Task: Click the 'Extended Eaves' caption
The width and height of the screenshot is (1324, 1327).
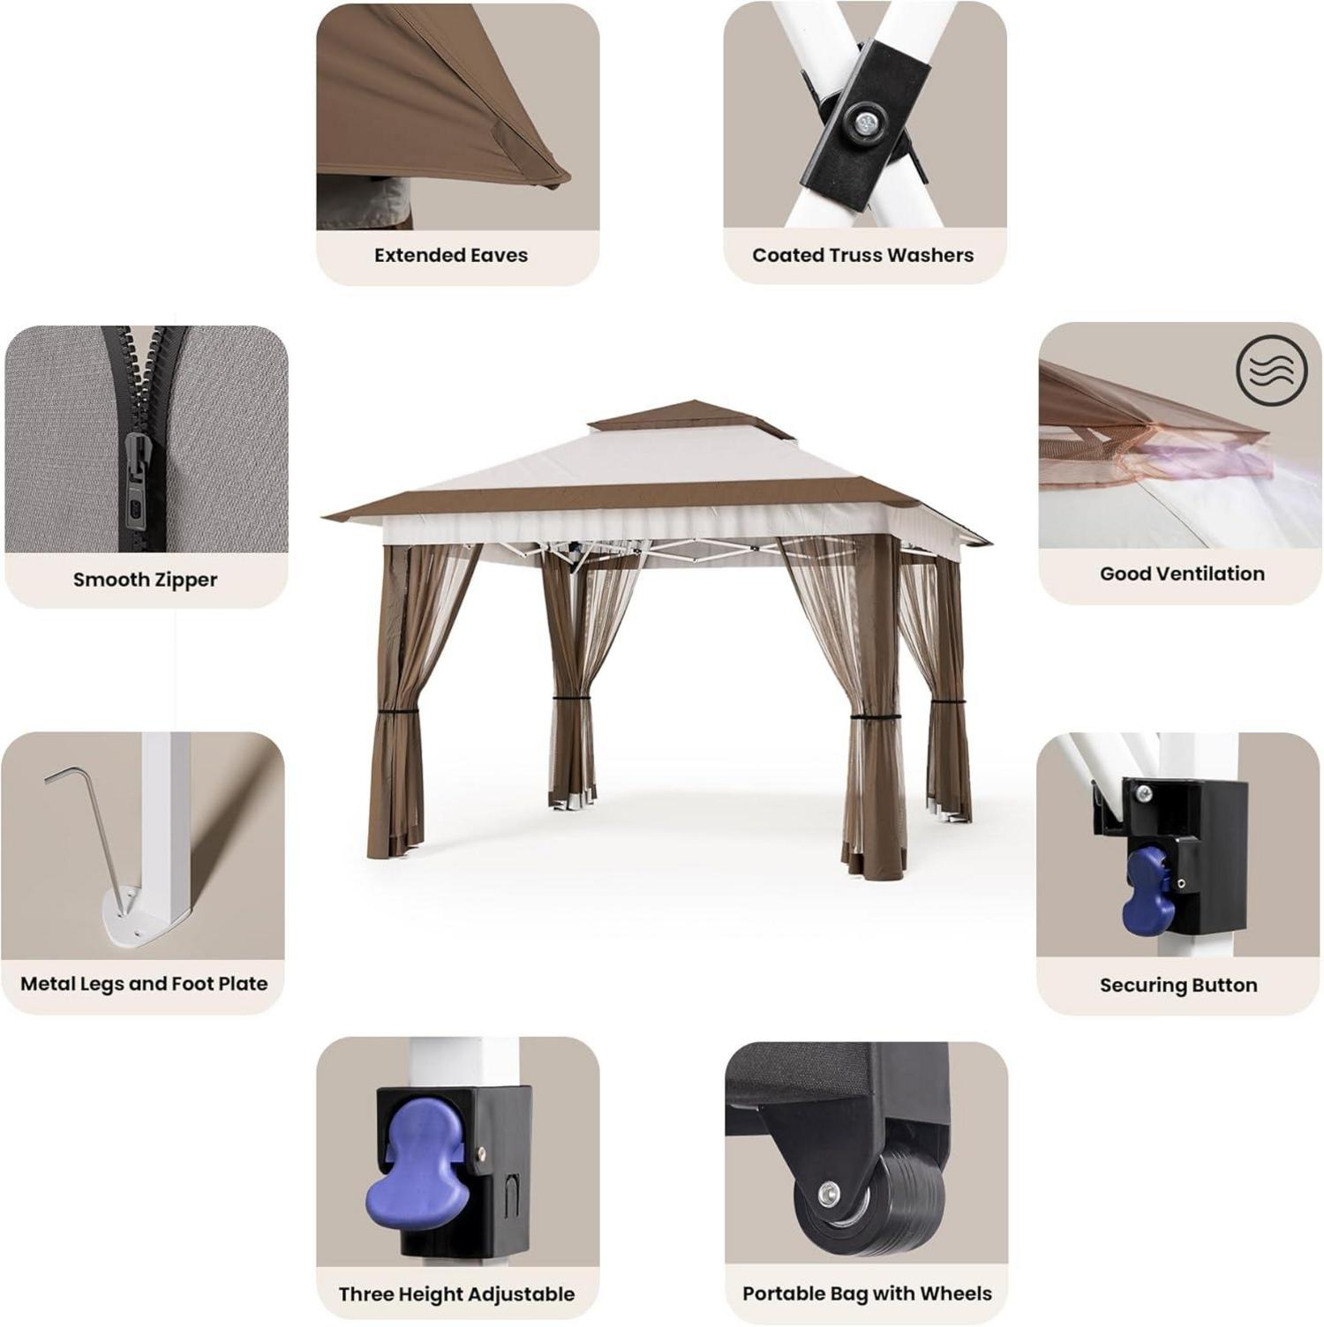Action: [450, 255]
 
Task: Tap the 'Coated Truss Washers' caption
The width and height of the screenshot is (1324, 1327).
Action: [862, 255]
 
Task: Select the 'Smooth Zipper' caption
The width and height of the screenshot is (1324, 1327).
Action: [145, 580]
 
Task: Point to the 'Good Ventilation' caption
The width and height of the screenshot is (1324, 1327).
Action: [1182, 574]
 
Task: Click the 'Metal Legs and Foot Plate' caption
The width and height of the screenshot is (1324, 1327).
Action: [144, 984]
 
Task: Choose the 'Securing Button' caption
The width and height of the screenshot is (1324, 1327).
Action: [1178, 985]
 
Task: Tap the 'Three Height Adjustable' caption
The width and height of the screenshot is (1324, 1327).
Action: [456, 1294]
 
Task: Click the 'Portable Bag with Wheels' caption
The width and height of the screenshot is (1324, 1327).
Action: [867, 1293]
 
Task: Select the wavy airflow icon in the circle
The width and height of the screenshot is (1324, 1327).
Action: [1271, 369]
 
